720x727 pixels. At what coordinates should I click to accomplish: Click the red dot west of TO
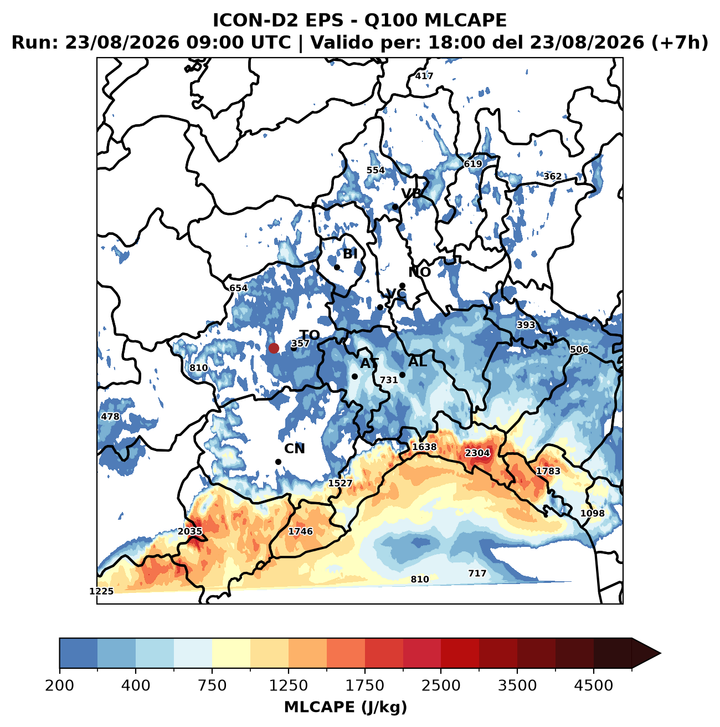pyautogui.click(x=274, y=348)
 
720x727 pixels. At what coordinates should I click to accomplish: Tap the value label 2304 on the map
pyautogui.click(x=477, y=453)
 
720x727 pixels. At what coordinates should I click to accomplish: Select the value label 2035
pyautogui.click(x=190, y=531)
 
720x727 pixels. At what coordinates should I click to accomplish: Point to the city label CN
pyautogui.click(x=294, y=449)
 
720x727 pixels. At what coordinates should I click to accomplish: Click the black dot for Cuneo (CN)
pyautogui.click(x=278, y=462)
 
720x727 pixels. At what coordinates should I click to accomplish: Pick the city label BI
pyautogui.click(x=350, y=254)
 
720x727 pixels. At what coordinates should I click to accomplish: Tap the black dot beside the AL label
pyautogui.click(x=402, y=375)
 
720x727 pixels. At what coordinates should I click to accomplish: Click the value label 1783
pyautogui.click(x=548, y=471)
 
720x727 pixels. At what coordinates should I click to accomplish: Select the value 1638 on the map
pyautogui.click(x=424, y=447)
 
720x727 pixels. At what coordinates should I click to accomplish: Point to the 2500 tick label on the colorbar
pyautogui.click(x=440, y=685)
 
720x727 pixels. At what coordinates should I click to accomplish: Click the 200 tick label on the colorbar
pyautogui.click(x=60, y=685)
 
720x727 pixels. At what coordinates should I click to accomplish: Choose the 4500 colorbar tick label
pyautogui.click(x=593, y=685)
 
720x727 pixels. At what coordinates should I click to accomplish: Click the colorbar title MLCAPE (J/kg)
pyautogui.click(x=346, y=706)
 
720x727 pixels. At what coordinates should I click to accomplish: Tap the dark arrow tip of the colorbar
pyautogui.click(x=660, y=653)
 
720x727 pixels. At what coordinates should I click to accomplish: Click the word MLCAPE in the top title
pyautogui.click(x=465, y=21)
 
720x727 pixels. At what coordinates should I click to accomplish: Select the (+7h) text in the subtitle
pyautogui.click(x=680, y=43)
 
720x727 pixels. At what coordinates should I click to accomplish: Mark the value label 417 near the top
pyautogui.click(x=424, y=76)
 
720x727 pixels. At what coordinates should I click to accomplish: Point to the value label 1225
pyautogui.click(x=101, y=591)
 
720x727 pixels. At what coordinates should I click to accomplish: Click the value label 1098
pyautogui.click(x=592, y=513)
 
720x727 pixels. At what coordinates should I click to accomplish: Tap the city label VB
pyautogui.click(x=411, y=193)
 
